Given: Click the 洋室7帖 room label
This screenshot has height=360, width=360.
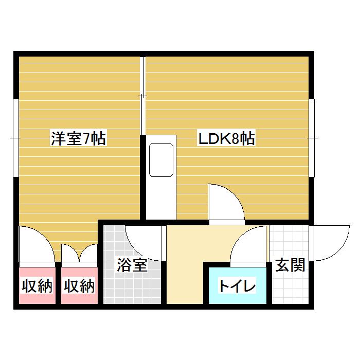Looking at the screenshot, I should point(78,139).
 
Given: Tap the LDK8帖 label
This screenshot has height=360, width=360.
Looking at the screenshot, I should point(227,139).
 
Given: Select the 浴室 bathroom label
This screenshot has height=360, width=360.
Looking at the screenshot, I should point(132,265).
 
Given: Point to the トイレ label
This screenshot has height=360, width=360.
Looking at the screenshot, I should point(237,286).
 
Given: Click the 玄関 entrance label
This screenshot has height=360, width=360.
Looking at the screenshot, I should point(290,265).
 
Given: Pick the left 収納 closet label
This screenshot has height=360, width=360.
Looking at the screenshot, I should point(37,286).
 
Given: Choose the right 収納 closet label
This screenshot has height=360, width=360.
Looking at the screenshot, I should point(79,286).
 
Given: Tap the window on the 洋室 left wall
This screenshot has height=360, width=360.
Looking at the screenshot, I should point(16,138).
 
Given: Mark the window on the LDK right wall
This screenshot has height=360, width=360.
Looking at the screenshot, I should point(312,138).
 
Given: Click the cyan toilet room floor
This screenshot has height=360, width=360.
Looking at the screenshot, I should point(237,296).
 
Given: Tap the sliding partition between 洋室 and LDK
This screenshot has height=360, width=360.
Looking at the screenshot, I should point(143,95).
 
